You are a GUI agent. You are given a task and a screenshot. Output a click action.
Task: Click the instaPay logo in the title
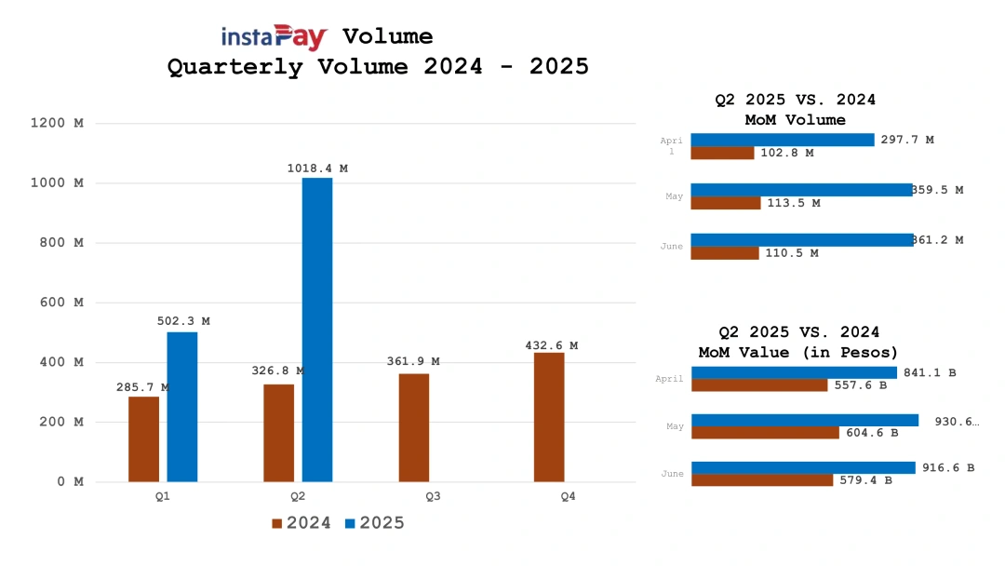pyautogui.click(x=275, y=37)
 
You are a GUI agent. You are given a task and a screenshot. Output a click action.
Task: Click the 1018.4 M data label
pyautogui.click(x=317, y=168)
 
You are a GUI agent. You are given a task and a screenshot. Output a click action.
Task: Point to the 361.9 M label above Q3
pyautogui.click(x=413, y=361)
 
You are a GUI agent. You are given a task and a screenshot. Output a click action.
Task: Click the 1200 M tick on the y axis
pyautogui.click(x=58, y=123)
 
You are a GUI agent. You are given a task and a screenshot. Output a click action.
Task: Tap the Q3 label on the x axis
pyautogui.click(x=433, y=496)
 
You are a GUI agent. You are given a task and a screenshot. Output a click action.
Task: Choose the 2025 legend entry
pyautogui.click(x=375, y=523)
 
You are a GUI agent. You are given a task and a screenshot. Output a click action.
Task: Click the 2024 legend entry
pyautogui.click(x=301, y=523)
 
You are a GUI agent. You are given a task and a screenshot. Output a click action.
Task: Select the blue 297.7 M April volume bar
pyautogui.click(x=783, y=140)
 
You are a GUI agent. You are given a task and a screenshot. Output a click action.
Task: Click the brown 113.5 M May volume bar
pyautogui.click(x=726, y=203)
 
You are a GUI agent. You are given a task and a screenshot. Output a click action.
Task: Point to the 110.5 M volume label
pyautogui.click(x=792, y=253)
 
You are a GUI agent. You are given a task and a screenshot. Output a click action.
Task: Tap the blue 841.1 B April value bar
pyautogui.click(x=794, y=372)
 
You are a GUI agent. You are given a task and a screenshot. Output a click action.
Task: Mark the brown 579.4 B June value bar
pyautogui.click(x=762, y=480)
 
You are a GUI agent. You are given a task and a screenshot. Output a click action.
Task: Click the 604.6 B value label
pyautogui.click(x=872, y=433)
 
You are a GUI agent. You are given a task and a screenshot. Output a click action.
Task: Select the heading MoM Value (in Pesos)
pyautogui.click(x=798, y=352)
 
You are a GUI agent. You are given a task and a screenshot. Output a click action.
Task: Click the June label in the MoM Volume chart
pyautogui.click(x=672, y=247)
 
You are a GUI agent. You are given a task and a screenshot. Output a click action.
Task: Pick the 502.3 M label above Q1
pyautogui.click(x=183, y=321)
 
